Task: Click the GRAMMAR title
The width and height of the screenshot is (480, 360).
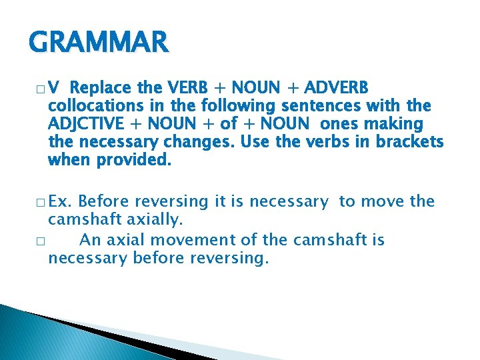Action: [x=99, y=43]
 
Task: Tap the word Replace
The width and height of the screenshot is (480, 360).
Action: [x=102, y=88]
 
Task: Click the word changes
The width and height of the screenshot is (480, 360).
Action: [x=199, y=142]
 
